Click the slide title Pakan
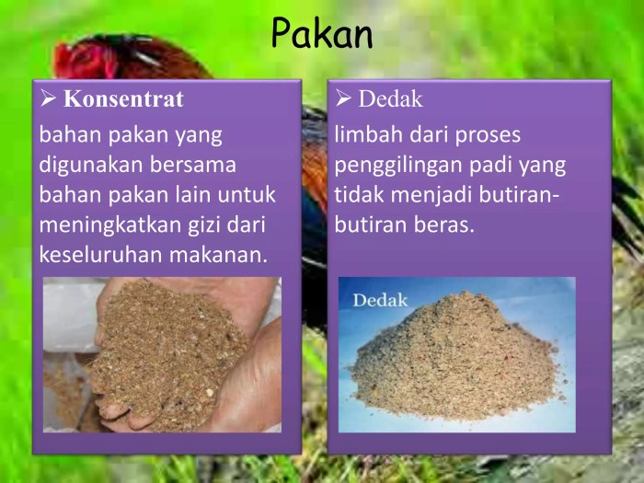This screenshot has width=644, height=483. click(x=321, y=35)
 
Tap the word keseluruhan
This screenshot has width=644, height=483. click(x=97, y=254)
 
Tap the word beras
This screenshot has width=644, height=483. click(x=443, y=224)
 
